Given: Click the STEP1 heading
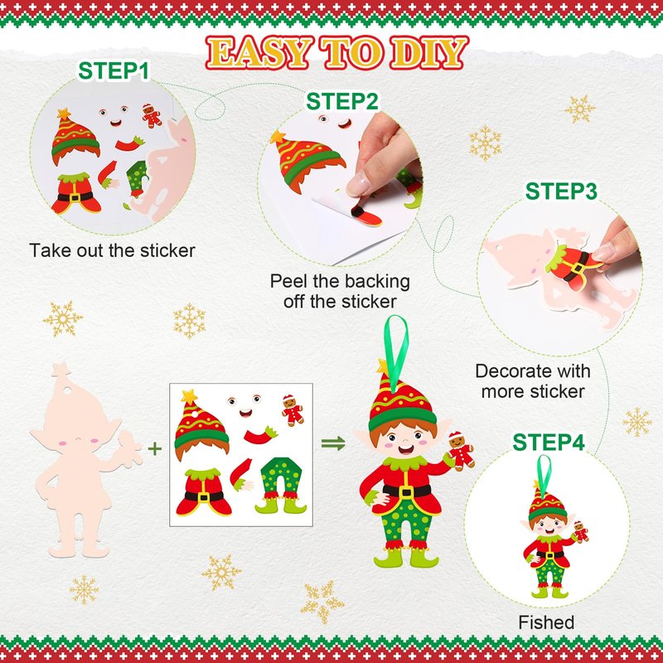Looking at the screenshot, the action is (x=114, y=70).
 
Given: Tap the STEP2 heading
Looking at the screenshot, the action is (x=341, y=101).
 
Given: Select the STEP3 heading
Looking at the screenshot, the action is (x=561, y=191).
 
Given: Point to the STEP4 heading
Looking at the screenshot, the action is (x=549, y=443).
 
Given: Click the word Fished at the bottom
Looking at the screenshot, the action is (x=546, y=622).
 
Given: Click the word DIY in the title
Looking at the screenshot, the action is (x=428, y=52).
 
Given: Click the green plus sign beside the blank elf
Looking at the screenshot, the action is (x=155, y=448).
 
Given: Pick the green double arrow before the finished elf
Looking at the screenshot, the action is (x=334, y=443).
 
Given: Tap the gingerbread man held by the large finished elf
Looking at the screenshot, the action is (x=461, y=451).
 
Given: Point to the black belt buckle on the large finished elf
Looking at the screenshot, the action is (x=405, y=491).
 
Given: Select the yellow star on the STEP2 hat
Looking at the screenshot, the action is (x=278, y=137).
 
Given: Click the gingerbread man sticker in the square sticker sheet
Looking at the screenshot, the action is (x=293, y=409).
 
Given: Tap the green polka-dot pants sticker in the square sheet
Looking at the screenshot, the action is (x=281, y=486).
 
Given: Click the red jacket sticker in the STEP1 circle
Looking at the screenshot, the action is (x=76, y=193).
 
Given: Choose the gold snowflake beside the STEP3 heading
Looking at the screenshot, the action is (x=579, y=109).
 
